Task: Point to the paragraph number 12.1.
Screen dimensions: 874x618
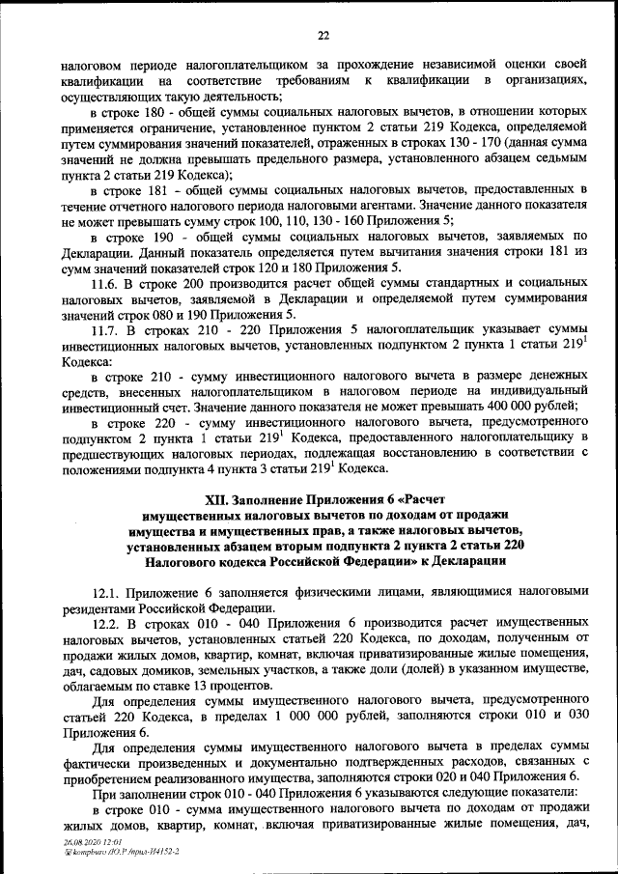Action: coord(105,591)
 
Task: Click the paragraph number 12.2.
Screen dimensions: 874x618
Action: coord(106,623)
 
